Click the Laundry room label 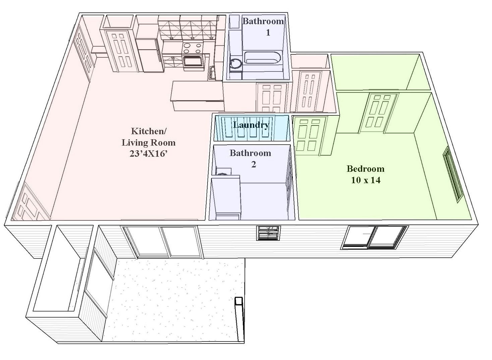pyautogui.click(x=251, y=125)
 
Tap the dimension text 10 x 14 pyautogui.click(x=366, y=180)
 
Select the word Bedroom pyautogui.click(x=366, y=169)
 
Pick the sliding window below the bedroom pyautogui.click(x=374, y=238)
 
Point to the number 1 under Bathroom pyautogui.click(x=268, y=33)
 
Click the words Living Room pyautogui.click(x=149, y=143)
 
